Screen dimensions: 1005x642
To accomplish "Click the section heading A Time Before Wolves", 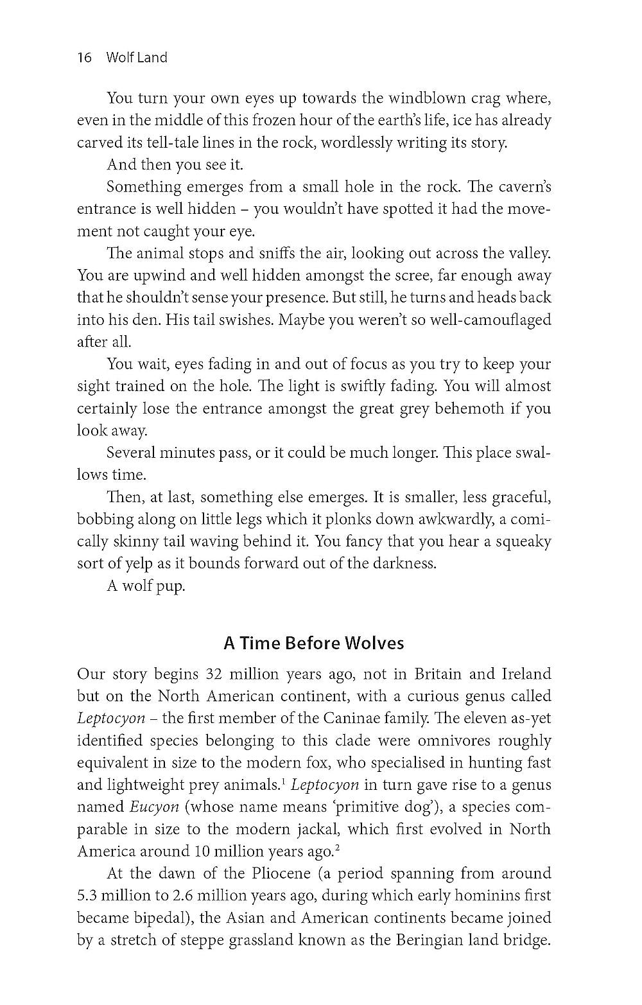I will tap(314, 643).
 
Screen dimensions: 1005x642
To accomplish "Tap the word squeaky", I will tap(523, 541).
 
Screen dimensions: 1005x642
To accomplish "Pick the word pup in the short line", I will tap(171, 586).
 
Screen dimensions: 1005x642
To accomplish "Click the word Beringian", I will tap(431, 940).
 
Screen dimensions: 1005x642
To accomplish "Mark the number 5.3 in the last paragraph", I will tap(87, 896).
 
